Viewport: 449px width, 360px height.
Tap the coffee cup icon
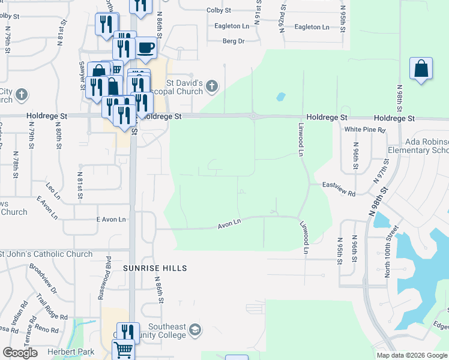click(x=145, y=47)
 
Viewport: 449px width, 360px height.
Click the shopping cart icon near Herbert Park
click(x=123, y=349)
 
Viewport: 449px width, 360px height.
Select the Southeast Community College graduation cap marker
click(x=194, y=330)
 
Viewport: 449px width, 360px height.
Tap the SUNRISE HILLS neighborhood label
click(x=155, y=268)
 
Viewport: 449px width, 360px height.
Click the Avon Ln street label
click(x=229, y=223)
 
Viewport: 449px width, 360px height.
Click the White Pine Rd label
click(x=364, y=129)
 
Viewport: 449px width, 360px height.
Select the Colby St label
click(x=218, y=11)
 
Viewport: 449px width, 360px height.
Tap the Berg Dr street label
click(x=234, y=41)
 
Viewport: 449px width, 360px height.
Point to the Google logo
click(x=20, y=353)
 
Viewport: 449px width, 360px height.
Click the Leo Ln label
click(x=53, y=191)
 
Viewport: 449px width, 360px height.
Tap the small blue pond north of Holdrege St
click(x=280, y=96)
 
